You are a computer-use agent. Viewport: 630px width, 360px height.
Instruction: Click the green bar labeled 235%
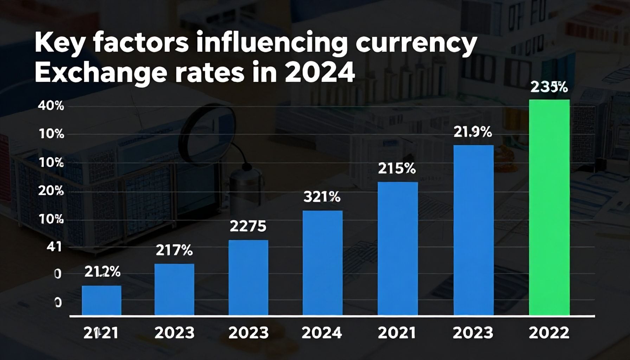point(549,207)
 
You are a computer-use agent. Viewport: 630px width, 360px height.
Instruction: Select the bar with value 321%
point(322,263)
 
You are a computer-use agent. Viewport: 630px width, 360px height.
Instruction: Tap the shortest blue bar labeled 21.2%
point(102,300)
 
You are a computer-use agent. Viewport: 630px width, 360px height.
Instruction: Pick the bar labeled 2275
point(248,277)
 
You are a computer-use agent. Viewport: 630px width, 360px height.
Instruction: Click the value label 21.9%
point(472,132)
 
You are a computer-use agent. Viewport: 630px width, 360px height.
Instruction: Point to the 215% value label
point(397,169)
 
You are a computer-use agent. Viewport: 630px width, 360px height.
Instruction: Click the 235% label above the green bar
point(549,87)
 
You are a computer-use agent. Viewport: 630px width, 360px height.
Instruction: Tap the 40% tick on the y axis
point(50,106)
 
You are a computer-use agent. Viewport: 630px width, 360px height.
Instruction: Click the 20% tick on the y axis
point(50,191)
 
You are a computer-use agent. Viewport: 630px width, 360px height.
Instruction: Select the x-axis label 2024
point(322,333)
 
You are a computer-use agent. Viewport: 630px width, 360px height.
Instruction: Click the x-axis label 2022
point(549,333)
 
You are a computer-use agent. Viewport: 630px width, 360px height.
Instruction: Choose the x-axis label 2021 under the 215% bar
point(397,333)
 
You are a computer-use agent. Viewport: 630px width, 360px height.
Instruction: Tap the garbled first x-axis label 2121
point(101,333)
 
